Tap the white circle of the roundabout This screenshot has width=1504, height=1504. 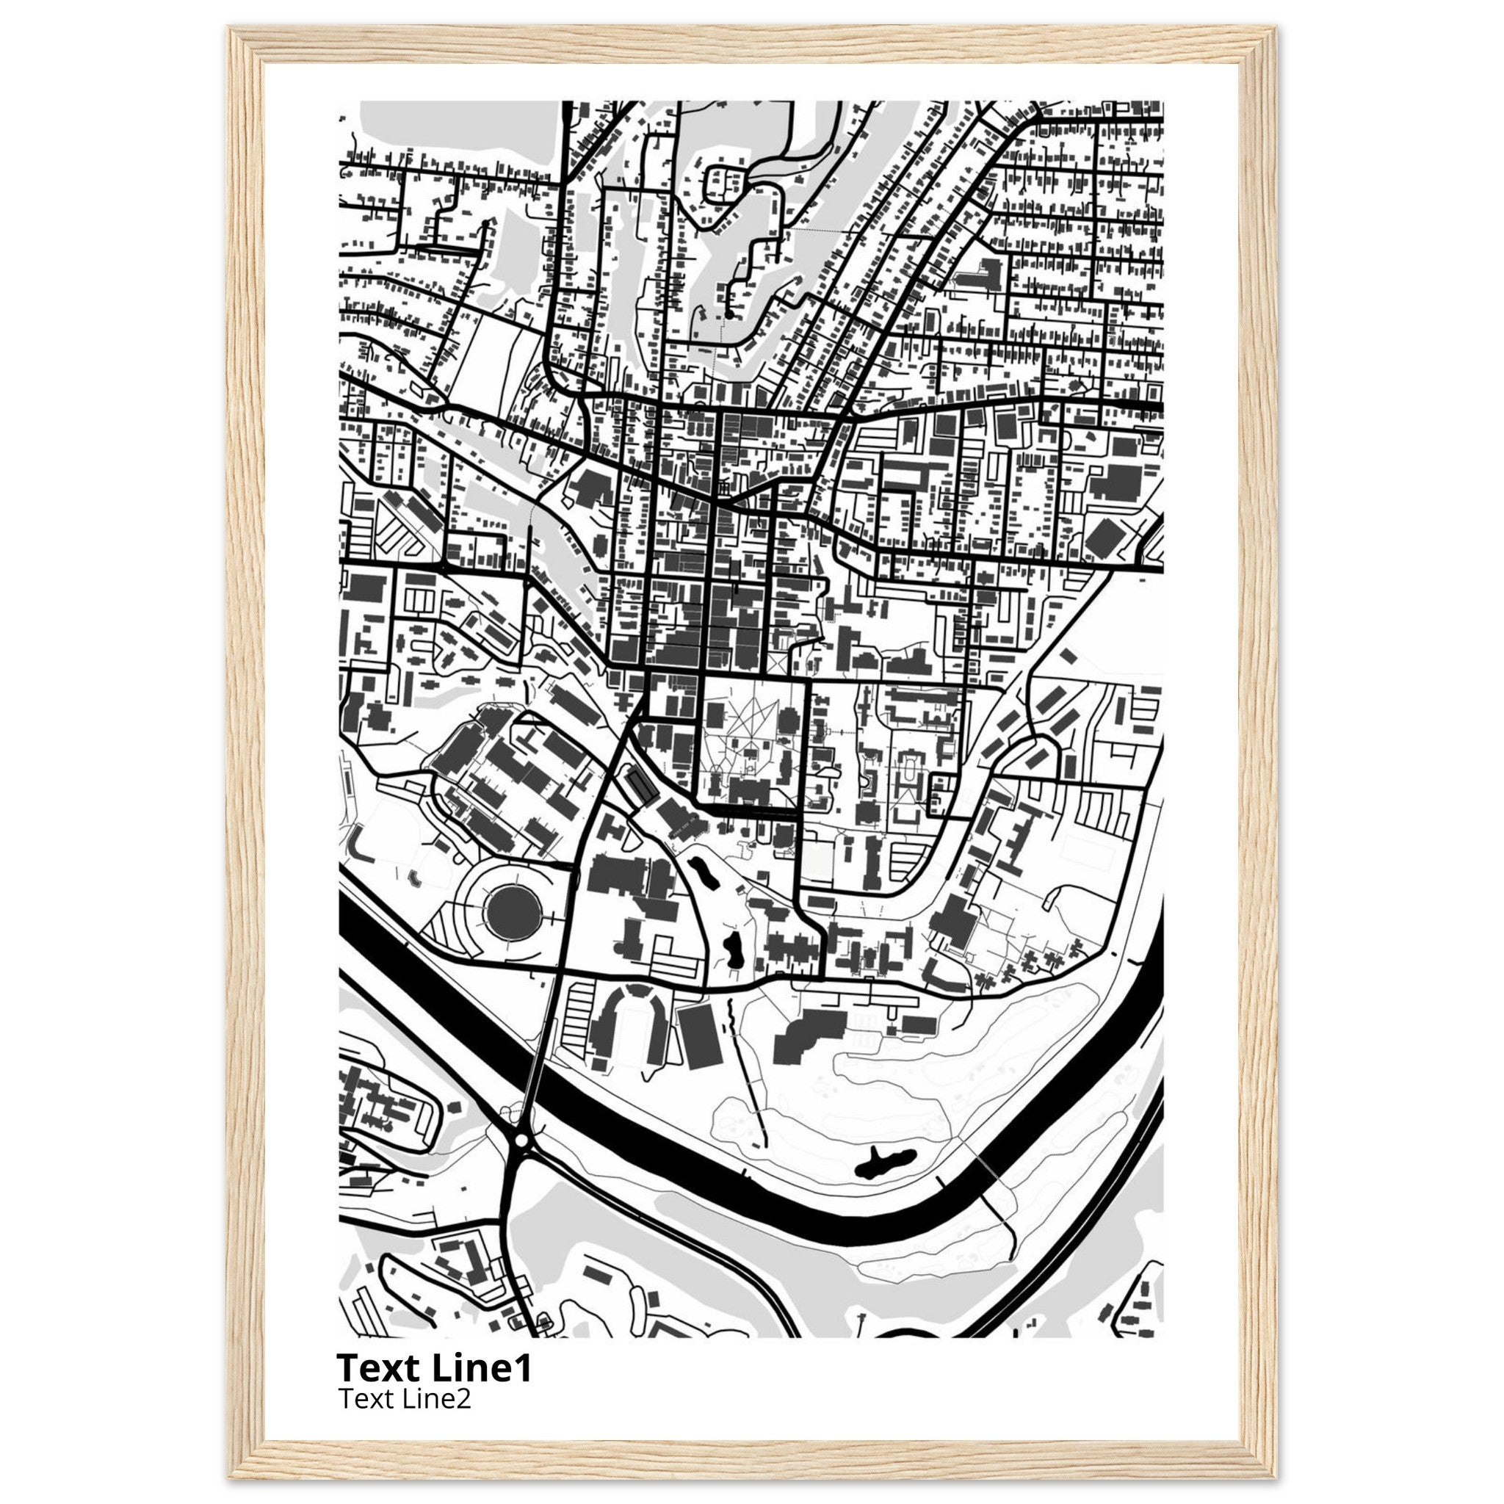click(x=521, y=1140)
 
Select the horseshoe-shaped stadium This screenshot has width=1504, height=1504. click(x=629, y=1022)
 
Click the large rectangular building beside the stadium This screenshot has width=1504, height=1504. click(x=701, y=1035)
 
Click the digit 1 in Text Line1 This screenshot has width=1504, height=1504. click(x=523, y=1367)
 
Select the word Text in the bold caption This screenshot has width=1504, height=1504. click(x=371, y=1367)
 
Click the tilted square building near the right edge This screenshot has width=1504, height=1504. click(x=1103, y=538)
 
